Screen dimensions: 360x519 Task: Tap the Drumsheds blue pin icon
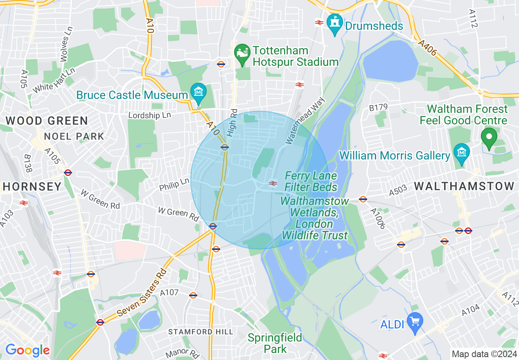335,25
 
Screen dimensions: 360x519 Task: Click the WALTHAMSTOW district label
464,186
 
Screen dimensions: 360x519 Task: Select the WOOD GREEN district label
47,121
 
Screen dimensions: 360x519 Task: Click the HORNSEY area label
32,187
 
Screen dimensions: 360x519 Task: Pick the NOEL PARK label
74,136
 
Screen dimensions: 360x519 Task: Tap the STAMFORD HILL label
201,332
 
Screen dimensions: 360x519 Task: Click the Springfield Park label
275,343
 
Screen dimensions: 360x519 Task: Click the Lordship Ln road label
149,115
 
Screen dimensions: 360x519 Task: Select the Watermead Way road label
305,121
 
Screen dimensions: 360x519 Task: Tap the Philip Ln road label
174,184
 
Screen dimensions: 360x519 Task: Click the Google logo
27,350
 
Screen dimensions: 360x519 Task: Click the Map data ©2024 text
483,354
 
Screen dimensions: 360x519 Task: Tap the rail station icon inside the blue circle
273,183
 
